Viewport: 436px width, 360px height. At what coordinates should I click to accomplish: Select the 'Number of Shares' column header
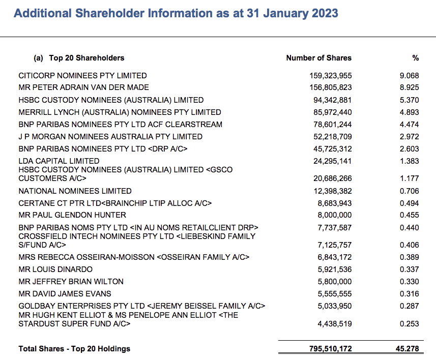(318, 58)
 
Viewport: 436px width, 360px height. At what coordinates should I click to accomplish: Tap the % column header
(415, 58)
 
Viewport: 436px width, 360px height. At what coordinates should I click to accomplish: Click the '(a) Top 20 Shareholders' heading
(79, 58)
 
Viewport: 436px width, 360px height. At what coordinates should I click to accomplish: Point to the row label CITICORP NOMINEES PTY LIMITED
(82, 75)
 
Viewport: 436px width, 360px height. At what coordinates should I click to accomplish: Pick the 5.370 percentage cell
(409, 100)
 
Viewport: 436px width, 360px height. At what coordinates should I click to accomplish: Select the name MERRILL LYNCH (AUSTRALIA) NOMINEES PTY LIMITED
(120, 112)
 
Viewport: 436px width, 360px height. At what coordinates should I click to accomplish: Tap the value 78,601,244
(332, 124)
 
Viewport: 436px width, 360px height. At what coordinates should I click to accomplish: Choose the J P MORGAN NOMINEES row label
(110, 136)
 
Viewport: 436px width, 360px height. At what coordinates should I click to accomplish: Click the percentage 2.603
(409, 148)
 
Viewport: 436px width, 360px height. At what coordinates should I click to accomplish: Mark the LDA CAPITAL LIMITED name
(59, 161)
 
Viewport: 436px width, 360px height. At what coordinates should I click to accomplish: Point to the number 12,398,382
(332, 191)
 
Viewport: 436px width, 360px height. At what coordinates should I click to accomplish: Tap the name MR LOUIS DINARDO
(55, 269)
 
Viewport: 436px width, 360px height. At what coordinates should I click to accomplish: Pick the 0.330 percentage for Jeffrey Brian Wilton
(409, 281)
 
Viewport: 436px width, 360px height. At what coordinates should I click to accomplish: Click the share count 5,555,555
(334, 293)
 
